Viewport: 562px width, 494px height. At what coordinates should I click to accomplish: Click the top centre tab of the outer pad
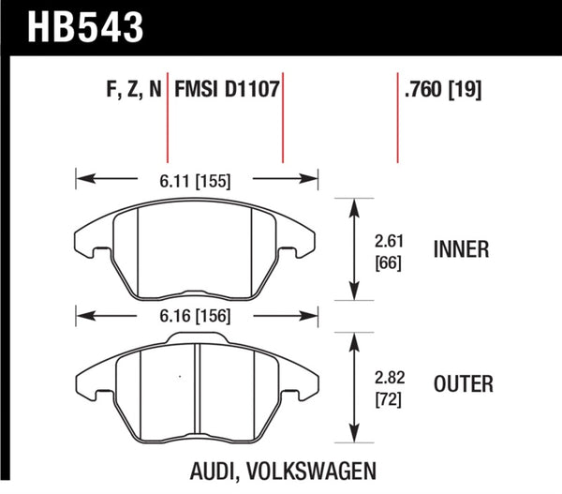tap(197, 340)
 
